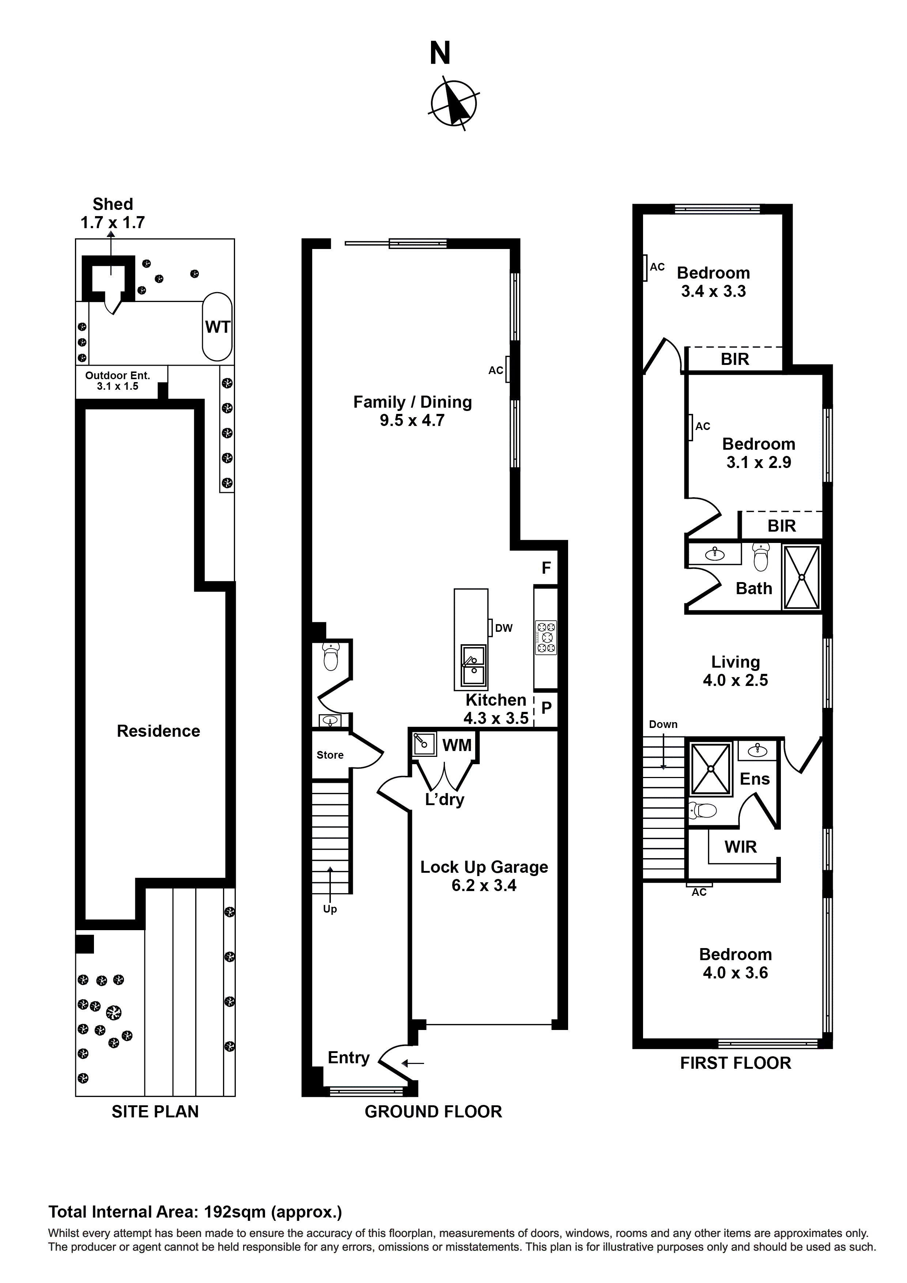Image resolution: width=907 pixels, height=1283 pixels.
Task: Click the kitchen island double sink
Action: (473, 667)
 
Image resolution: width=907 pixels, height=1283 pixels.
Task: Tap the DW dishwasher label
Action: (503, 628)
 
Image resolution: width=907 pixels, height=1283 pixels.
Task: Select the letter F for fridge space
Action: (546, 568)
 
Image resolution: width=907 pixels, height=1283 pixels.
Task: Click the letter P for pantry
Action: (546, 708)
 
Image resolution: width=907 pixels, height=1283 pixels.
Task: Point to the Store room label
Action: (330, 755)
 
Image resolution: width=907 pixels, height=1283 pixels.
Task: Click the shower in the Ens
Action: (711, 768)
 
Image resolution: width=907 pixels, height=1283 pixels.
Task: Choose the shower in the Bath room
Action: (801, 577)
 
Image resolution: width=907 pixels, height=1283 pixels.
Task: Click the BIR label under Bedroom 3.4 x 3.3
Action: (734, 359)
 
